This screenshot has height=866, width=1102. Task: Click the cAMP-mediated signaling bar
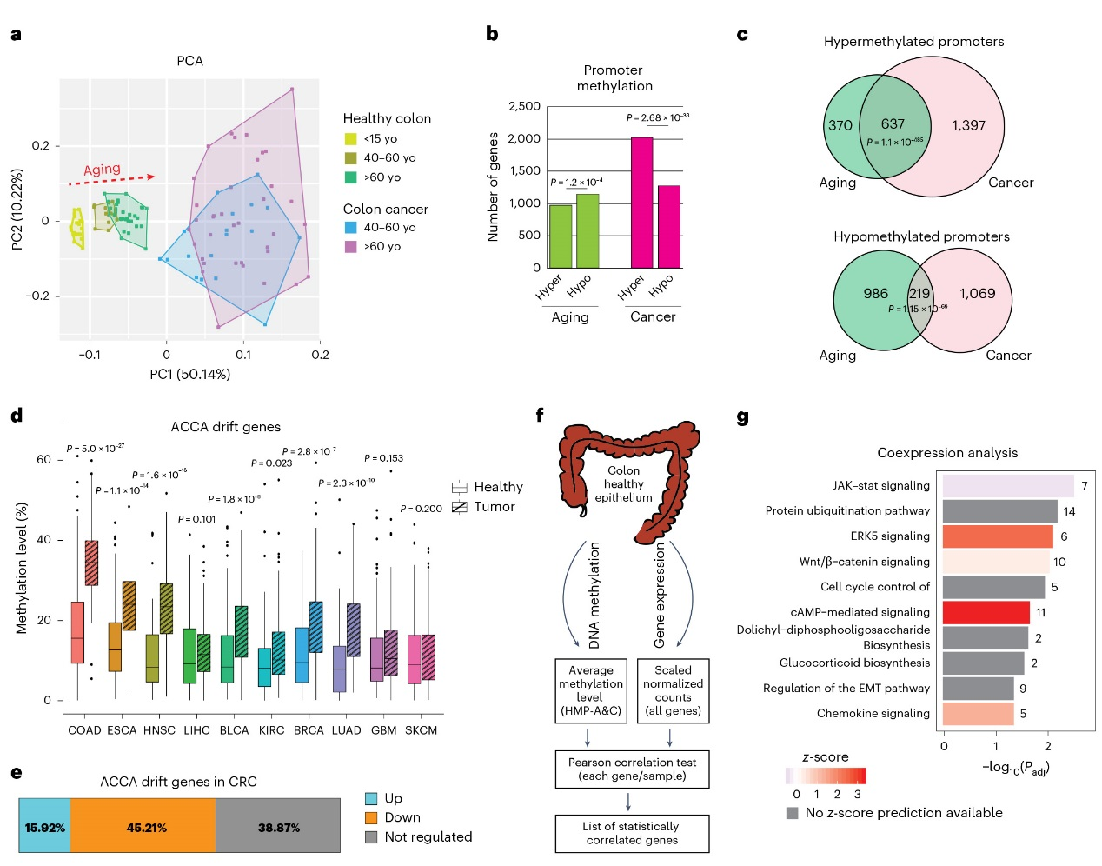986,612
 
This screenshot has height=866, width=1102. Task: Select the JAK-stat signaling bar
1008,486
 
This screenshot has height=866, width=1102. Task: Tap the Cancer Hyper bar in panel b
641,203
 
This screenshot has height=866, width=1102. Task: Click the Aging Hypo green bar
588,230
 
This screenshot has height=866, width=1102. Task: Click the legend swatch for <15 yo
351,139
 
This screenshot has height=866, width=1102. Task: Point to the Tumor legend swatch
460,507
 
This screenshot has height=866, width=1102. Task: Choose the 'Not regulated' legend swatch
371,837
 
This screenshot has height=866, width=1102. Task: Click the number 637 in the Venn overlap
893,124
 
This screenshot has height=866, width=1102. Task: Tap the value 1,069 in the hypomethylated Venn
977,294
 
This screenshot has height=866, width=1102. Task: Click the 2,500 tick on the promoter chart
524,106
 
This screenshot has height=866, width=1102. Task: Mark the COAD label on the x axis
84,730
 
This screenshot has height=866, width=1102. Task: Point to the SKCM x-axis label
421,730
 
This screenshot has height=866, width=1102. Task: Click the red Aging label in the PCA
102,170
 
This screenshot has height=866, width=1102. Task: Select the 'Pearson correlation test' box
632,769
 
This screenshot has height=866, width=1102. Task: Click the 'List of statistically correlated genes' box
632,833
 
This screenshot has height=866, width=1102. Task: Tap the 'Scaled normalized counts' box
673,690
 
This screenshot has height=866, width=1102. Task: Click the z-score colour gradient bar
826,776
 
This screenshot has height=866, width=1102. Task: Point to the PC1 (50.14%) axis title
189,375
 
